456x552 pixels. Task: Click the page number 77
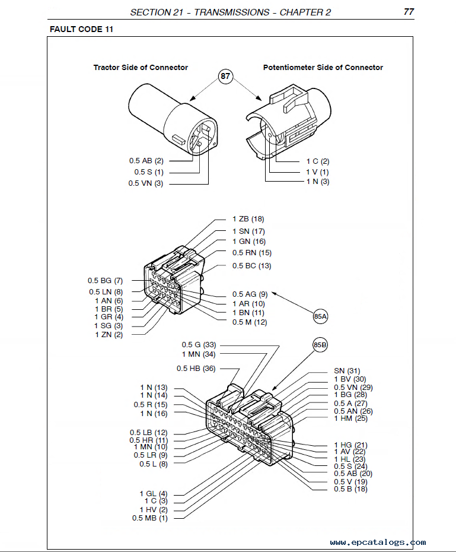409,12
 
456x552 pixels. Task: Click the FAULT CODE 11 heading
82,29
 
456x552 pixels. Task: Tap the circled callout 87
226,77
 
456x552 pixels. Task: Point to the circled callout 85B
320,345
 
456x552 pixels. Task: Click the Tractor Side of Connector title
141,68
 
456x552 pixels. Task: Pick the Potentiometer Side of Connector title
323,68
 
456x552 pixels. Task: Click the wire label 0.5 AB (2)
146,161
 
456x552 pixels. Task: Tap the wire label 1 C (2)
318,161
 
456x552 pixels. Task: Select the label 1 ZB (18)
248,219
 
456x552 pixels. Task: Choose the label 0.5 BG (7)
105,280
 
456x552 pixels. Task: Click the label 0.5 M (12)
250,322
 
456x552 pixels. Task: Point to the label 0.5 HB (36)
196,369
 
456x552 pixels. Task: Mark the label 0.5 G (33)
199,344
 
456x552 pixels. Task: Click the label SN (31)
347,371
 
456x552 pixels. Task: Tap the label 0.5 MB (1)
150,518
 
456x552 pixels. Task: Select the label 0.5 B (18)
350,489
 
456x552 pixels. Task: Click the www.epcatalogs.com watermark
378,542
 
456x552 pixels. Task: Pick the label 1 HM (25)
350,418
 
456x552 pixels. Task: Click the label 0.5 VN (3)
145,183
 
